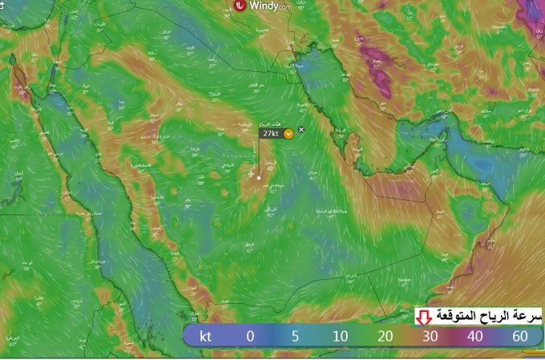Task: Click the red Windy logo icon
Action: tap(240, 6)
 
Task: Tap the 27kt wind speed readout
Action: tap(270, 134)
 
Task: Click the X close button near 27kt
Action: tap(301, 130)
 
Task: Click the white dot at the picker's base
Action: tap(259, 177)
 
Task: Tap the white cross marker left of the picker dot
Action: tap(251, 174)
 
